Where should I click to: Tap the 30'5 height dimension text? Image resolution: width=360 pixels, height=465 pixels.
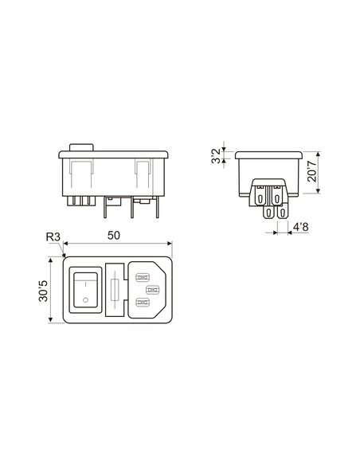[41, 288]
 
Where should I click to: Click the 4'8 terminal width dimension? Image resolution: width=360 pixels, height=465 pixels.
[300, 228]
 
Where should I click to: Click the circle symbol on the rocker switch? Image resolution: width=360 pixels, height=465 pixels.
[84, 301]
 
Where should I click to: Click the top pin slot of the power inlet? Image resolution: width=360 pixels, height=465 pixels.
[143, 278]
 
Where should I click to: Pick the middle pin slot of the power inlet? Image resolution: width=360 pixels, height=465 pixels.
[152, 290]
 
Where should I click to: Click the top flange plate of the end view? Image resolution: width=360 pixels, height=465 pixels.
[268, 152]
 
